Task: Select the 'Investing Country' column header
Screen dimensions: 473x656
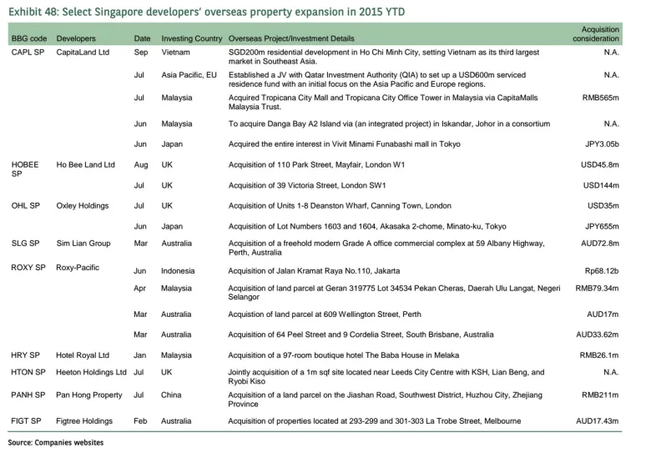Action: coord(191,39)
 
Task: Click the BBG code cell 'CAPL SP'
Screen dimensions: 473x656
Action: coord(27,52)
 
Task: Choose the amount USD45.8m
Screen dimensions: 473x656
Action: coord(599,165)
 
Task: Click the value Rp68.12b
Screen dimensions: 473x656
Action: coord(602,270)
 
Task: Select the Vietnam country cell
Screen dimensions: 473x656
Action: coord(176,52)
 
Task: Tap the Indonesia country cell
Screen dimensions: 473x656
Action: coord(178,271)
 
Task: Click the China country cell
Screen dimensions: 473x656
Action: coord(173,395)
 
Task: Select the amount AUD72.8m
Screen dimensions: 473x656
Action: coord(599,244)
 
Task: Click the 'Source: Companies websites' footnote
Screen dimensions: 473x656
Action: coord(55,442)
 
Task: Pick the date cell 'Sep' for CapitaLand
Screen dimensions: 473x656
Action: coord(141,52)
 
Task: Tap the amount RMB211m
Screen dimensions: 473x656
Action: coord(600,395)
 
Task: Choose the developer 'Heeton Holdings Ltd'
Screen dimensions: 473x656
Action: coord(91,372)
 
